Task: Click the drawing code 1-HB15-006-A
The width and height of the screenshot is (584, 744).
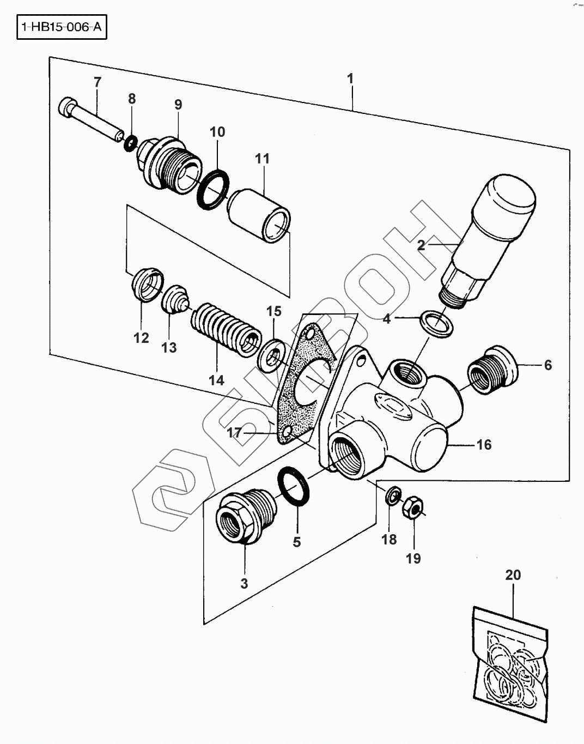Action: click(62, 27)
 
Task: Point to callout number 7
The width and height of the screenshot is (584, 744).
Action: click(98, 82)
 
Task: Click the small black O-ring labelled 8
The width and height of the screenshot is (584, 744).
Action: click(131, 143)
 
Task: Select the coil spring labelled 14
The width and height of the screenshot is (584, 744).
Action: click(226, 330)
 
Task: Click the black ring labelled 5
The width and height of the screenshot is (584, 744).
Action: click(294, 486)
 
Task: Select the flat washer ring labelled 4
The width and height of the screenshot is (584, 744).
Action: click(437, 324)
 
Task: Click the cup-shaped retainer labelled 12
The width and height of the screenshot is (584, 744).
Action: click(148, 285)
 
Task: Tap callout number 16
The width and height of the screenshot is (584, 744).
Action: click(484, 444)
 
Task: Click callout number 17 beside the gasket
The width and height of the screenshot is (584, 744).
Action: click(234, 432)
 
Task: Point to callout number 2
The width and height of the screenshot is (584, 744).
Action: click(421, 245)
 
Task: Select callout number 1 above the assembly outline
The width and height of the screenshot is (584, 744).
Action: click(350, 78)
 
